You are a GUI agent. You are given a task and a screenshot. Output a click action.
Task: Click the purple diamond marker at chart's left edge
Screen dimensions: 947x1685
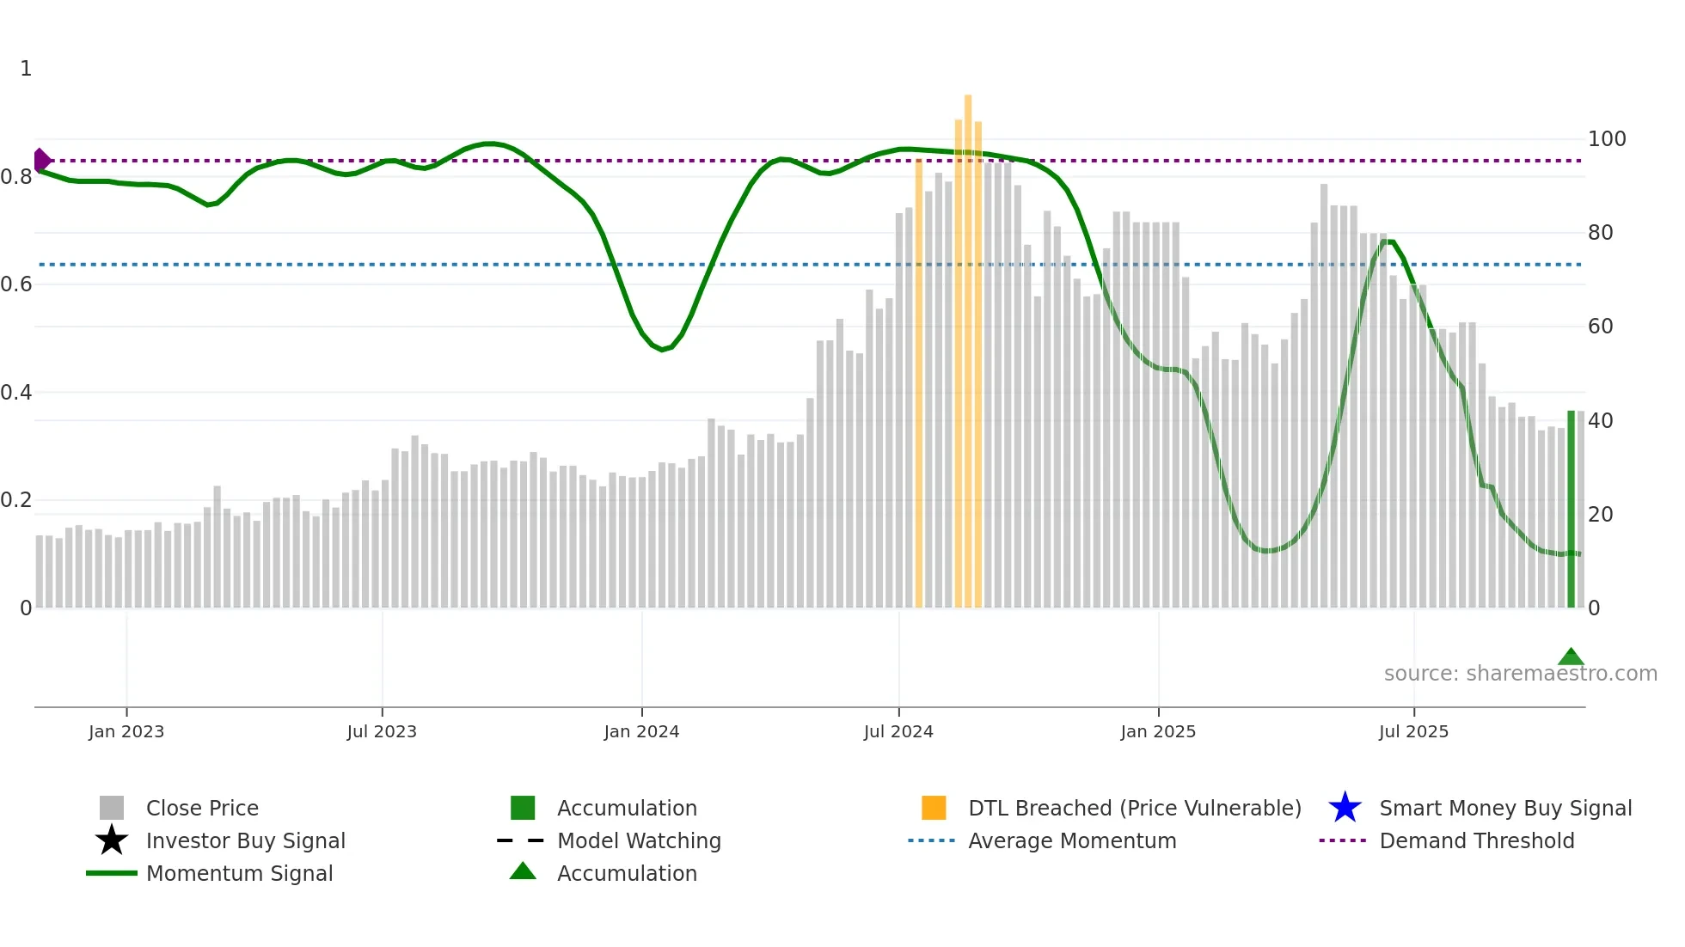tap(41, 161)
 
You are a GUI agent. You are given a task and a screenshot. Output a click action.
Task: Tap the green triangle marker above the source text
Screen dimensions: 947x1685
tap(1571, 657)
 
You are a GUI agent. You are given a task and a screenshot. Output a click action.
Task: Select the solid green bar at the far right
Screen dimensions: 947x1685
tap(1571, 509)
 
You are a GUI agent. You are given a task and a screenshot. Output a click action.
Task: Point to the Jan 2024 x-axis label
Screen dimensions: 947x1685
tap(641, 731)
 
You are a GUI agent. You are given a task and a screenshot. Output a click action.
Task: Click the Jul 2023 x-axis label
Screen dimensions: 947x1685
tap(382, 731)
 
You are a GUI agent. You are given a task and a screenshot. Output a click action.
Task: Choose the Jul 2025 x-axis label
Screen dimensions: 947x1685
tap(1413, 731)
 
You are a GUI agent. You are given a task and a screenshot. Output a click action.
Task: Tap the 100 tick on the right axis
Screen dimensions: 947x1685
tap(1607, 139)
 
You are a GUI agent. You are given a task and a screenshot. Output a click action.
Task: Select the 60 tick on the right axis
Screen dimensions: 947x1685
tap(1600, 327)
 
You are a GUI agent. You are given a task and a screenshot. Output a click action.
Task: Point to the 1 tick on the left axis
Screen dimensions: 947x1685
tap(26, 69)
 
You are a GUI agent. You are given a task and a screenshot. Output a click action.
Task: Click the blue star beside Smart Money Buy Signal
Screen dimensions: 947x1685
tap(1345, 808)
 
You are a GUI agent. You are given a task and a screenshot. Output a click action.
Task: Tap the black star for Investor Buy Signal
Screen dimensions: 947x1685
tap(112, 840)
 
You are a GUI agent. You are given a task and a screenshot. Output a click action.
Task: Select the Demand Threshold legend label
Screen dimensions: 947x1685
tap(1476, 840)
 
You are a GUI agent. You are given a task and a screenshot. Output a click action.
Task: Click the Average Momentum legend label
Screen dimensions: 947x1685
tap(1072, 840)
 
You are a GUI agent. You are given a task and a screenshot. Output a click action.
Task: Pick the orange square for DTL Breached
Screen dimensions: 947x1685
tap(934, 808)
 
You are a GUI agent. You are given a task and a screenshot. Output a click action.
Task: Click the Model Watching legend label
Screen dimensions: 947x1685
tap(639, 840)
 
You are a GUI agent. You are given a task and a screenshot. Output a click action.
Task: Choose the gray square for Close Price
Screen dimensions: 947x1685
tap(112, 808)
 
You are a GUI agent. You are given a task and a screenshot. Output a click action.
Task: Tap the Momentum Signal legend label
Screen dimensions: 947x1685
tap(239, 873)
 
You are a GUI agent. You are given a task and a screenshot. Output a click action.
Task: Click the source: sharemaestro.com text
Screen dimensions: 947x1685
tap(1520, 674)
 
